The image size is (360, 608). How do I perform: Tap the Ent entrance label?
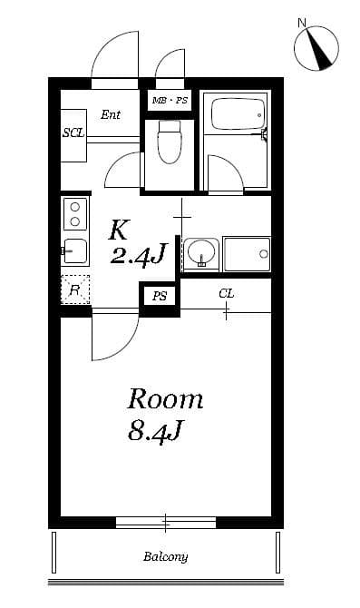coord(111,114)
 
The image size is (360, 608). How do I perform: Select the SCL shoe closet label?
coord(73,132)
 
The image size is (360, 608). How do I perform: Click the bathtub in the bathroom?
coord(236,116)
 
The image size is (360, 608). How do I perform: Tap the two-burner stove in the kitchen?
coord(73,214)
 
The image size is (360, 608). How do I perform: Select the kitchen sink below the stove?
coord(73,250)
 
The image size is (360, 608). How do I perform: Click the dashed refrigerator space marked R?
coord(75,289)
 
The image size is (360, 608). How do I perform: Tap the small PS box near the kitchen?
coord(160,296)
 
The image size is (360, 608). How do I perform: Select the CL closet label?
coord(226,293)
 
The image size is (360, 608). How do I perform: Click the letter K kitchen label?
coord(120,229)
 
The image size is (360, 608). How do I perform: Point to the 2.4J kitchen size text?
coord(136,256)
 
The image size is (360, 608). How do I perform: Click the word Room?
coord(164,398)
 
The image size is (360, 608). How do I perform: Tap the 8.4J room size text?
coord(156,431)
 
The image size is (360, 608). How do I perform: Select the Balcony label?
coord(165,556)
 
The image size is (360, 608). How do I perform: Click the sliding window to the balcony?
coord(165,522)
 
